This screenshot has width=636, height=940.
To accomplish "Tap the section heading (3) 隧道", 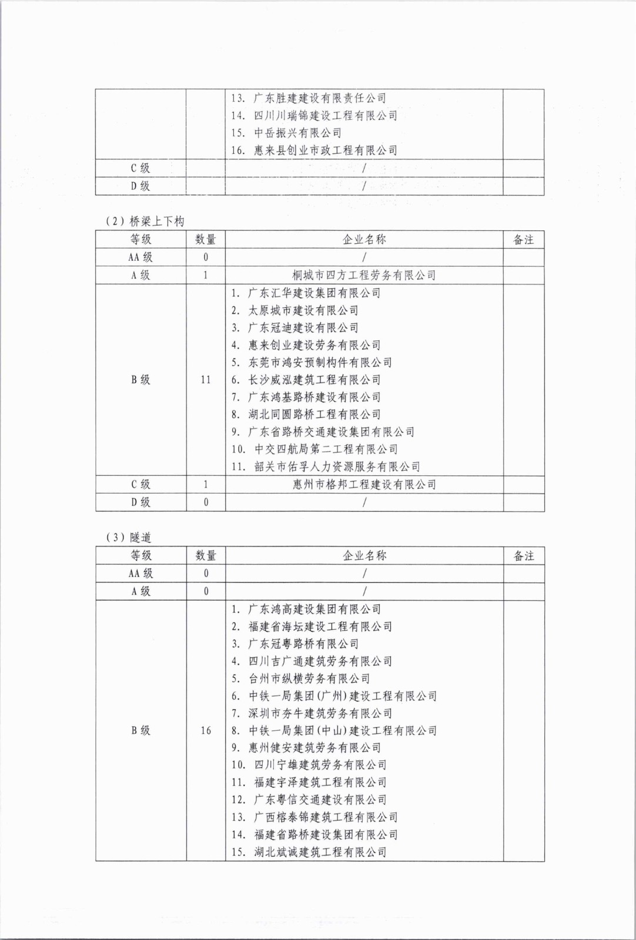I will pyautogui.click(x=129, y=538).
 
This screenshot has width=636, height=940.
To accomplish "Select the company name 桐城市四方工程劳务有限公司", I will pyautogui.click(x=364, y=275).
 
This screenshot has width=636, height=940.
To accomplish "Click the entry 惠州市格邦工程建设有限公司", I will pyautogui.click(x=364, y=485).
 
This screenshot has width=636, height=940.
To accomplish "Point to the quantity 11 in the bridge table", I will pyautogui.click(x=205, y=380).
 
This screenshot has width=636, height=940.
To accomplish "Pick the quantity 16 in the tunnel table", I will pyautogui.click(x=205, y=730).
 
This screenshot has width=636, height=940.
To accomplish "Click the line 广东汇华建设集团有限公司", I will pyautogui.click(x=314, y=293).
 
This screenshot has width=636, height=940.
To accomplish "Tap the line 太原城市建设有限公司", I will pyautogui.click(x=303, y=310).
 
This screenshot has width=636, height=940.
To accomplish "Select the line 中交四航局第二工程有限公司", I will pyautogui.click(x=326, y=449).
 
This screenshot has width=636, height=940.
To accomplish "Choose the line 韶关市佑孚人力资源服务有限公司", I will pyautogui.click(x=337, y=467).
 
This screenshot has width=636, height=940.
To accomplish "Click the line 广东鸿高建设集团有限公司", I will pyautogui.click(x=314, y=609).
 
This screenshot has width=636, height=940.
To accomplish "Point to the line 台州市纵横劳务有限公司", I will pyautogui.click(x=309, y=679).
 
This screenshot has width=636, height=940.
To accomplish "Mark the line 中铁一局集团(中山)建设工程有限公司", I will pyautogui.click(x=342, y=731).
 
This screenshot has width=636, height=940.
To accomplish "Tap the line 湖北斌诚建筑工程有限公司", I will pyautogui.click(x=320, y=852).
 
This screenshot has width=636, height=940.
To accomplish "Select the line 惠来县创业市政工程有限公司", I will pyautogui.click(x=325, y=150).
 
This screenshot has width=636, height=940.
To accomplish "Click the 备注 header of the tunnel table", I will pyautogui.click(x=524, y=556).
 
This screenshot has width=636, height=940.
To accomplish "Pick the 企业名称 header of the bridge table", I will pyautogui.click(x=364, y=240).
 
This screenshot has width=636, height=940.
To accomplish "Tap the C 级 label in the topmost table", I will pyautogui.click(x=140, y=168).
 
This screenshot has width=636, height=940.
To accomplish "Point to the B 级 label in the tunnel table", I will pyautogui.click(x=140, y=730).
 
